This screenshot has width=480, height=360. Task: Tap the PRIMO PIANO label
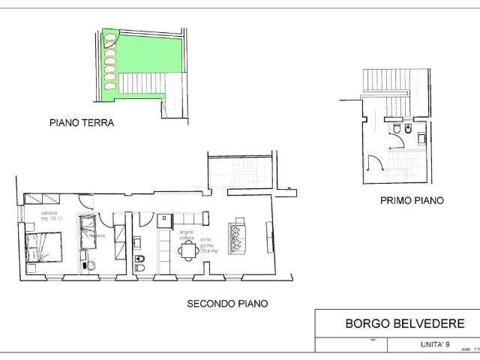click(x=412, y=200)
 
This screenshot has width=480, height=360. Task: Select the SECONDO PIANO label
click(x=227, y=304)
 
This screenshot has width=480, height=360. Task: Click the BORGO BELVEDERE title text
click(x=405, y=324)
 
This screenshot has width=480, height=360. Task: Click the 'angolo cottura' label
click(x=186, y=235)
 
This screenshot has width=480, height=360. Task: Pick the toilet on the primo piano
click(x=395, y=131)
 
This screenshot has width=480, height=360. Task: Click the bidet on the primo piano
click(x=407, y=131)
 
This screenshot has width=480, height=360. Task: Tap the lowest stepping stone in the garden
click(x=111, y=88)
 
